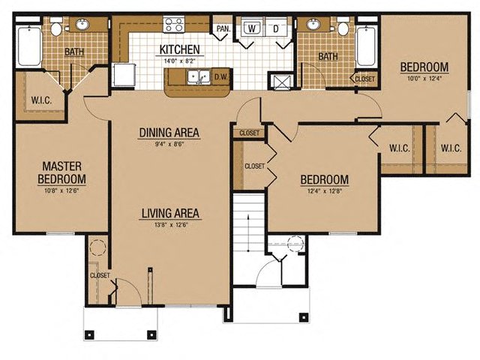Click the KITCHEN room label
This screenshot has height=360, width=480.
pos(180,49)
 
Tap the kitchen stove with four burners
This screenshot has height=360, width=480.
pos(174,25)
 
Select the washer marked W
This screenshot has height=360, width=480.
pos(251,28)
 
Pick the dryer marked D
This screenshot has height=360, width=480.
pos(276,28)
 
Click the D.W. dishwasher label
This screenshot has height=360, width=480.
pos(221,76)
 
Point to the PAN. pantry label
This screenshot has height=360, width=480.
pos(223,28)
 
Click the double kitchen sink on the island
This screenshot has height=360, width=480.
pos(199,76)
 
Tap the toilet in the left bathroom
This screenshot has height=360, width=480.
pos(56,27)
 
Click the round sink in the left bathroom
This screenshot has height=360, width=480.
pos(82,24)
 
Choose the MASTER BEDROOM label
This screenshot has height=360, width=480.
pos(61,172)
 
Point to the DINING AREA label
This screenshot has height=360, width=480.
pos(169,133)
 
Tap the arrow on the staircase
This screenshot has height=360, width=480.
pos(248,232)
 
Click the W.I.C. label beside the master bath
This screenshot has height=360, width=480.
pos(42,100)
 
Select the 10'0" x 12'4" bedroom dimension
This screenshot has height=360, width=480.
pos(424,78)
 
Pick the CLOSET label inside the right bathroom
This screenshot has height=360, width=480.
pos(365,79)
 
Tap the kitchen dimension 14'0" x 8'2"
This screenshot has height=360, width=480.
pos(180,61)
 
